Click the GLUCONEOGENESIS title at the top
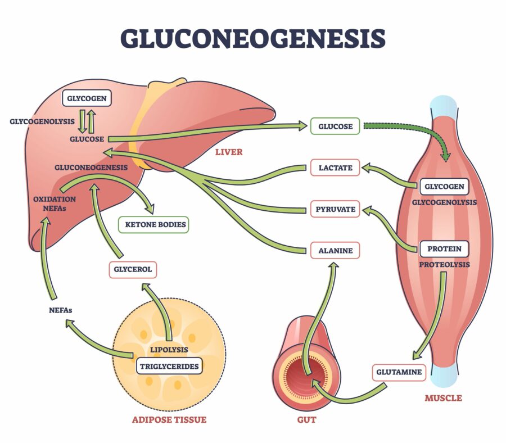point(252,38)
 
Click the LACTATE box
point(335,168)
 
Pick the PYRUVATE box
point(335,210)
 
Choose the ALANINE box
point(335,250)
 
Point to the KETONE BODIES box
point(153,224)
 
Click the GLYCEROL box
point(133,269)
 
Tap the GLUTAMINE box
point(397,372)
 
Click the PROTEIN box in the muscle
point(444,248)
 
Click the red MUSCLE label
point(442,398)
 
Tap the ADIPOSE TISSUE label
point(169,419)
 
